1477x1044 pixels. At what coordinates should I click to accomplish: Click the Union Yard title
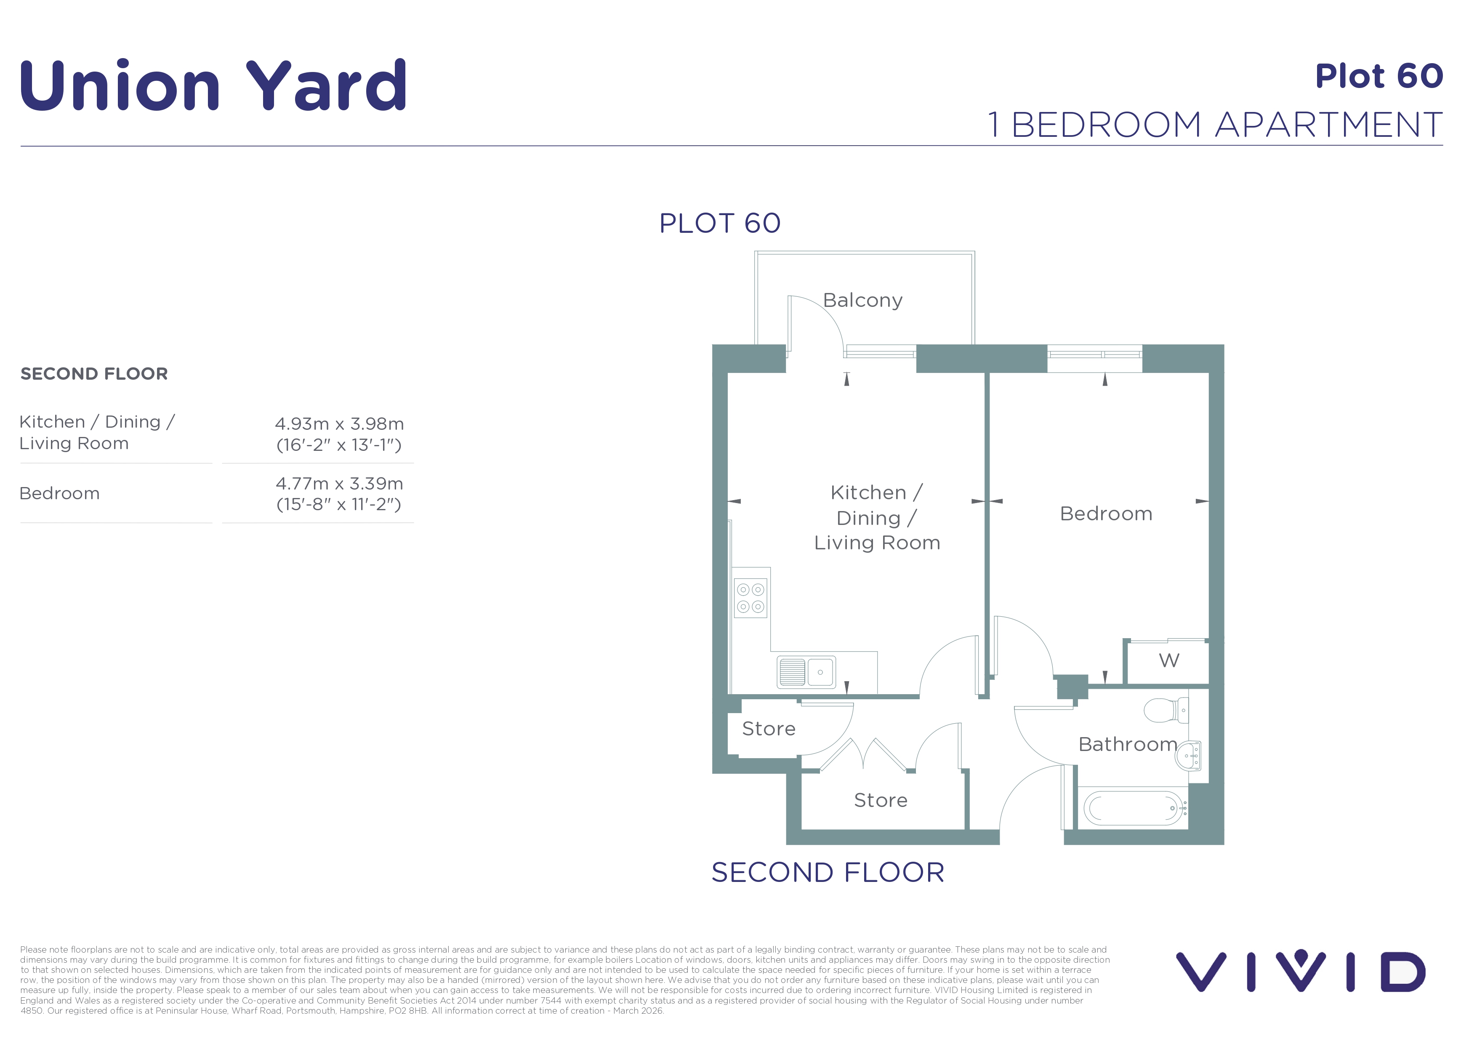click(x=213, y=85)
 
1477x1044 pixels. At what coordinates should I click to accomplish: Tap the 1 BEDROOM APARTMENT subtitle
click(x=1215, y=125)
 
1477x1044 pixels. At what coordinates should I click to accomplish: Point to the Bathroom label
click(x=1128, y=744)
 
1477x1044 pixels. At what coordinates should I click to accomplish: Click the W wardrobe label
click(x=1169, y=660)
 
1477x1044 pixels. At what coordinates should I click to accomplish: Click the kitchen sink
click(x=807, y=672)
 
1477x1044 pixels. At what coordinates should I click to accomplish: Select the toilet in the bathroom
click(x=1166, y=711)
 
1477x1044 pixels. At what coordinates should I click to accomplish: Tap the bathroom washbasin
click(x=1187, y=756)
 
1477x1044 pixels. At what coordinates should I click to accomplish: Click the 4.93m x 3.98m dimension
click(x=339, y=424)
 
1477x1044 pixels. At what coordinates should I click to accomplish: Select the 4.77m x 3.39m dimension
click(x=339, y=484)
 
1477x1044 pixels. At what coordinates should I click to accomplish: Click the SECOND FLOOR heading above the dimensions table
click(x=94, y=374)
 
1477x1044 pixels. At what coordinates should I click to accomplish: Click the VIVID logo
click(x=1301, y=972)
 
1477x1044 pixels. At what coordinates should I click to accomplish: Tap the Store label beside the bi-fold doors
click(x=881, y=800)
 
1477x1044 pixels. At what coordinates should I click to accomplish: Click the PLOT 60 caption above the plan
click(x=720, y=223)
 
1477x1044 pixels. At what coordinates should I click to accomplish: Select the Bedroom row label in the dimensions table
click(x=59, y=493)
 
